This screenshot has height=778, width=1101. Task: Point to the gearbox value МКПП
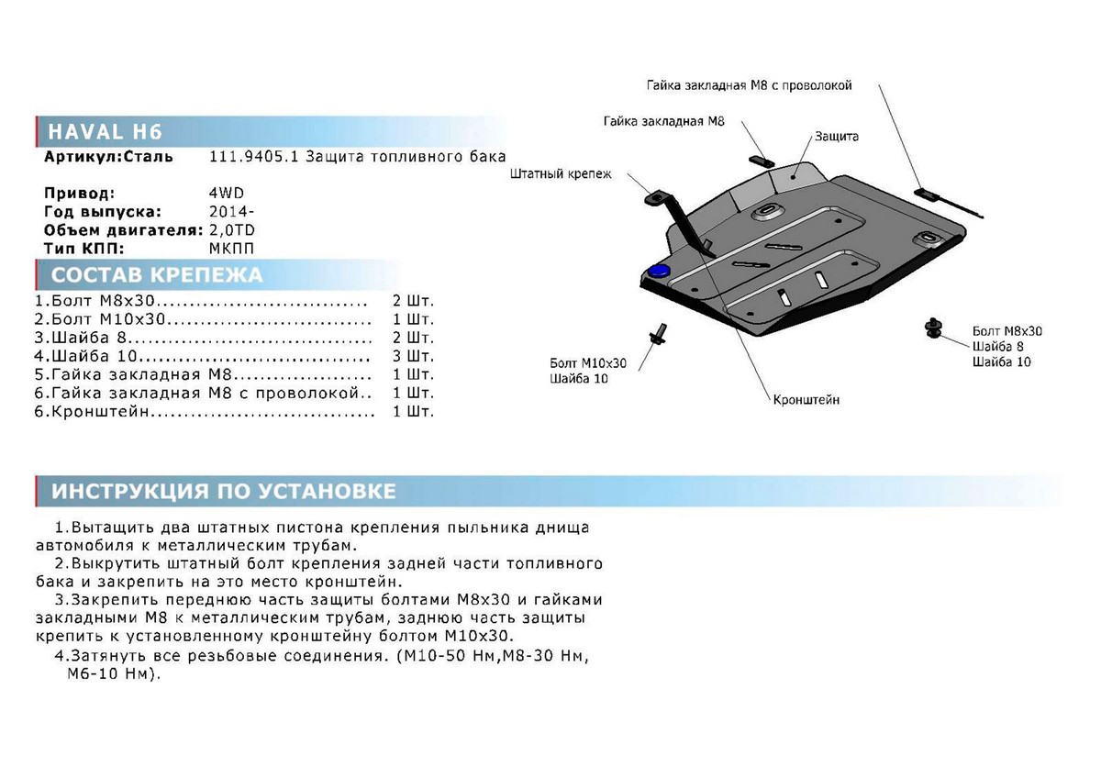point(231,248)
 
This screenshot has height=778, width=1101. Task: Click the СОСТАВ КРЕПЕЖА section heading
point(157,275)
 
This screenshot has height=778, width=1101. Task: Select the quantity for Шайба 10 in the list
point(412,355)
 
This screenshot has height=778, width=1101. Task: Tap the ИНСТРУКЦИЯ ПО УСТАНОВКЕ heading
point(224,491)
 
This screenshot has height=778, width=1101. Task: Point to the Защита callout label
point(836,137)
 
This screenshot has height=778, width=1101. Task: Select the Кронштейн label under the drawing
point(806,400)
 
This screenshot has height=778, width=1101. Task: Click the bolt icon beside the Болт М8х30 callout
point(934,327)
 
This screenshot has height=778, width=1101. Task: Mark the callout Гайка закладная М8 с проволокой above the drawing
point(749,85)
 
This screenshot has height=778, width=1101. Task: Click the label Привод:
point(80,194)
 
